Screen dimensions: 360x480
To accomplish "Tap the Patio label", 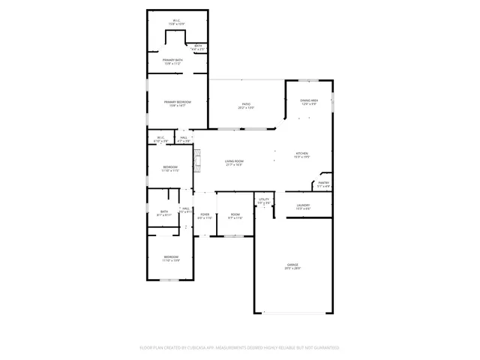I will [246, 106].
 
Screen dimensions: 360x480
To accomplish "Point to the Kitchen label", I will [302, 154].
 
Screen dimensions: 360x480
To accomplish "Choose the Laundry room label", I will [303, 206].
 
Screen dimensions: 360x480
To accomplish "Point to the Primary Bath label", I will [174, 61].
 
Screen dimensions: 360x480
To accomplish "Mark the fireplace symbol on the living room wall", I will [198, 160].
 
